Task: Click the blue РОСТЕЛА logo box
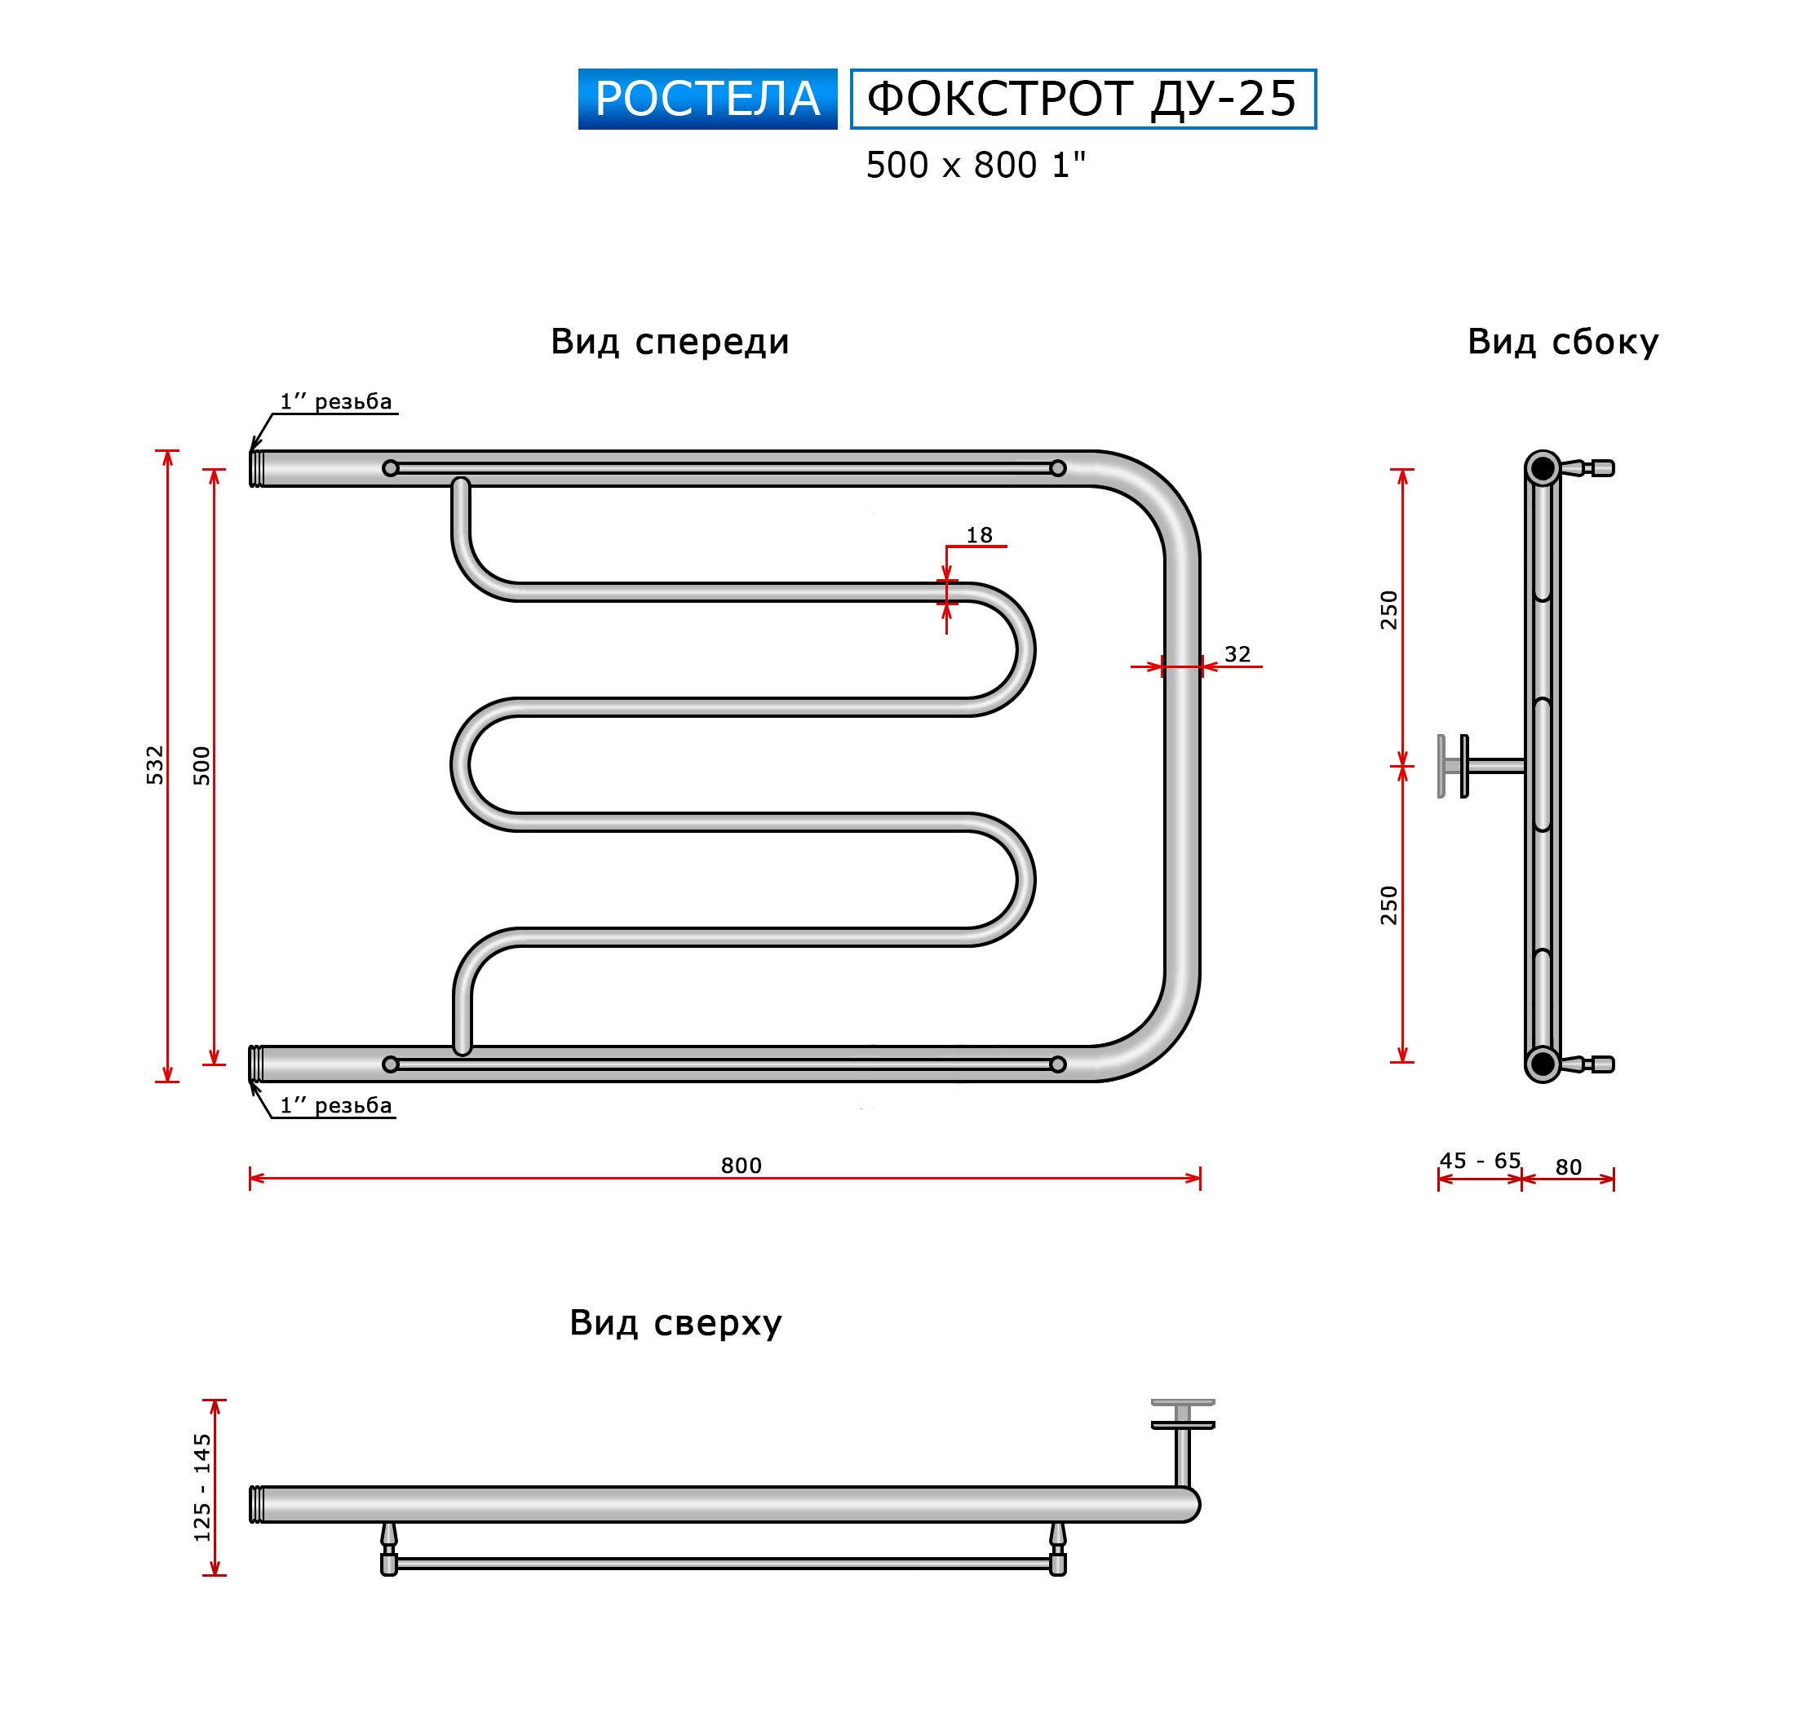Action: point(707,99)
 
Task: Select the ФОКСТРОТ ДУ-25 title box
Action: point(1083,99)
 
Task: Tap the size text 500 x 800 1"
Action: point(976,166)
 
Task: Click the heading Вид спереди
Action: point(670,341)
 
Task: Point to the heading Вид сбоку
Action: point(1562,341)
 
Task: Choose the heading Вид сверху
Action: point(675,1323)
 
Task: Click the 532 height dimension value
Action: point(155,765)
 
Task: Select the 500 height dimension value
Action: point(201,766)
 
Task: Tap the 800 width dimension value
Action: point(741,1166)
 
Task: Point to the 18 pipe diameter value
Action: point(979,535)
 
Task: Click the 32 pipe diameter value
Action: point(1237,654)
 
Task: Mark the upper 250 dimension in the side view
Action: point(1388,610)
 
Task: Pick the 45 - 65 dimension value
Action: point(1480,1161)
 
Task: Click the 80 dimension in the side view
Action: point(1568,1167)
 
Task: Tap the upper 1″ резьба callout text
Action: point(336,400)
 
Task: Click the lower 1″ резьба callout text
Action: point(336,1105)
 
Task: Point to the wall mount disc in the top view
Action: point(1183,1414)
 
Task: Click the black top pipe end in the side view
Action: point(1543,468)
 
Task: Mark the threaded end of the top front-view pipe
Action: point(256,468)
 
